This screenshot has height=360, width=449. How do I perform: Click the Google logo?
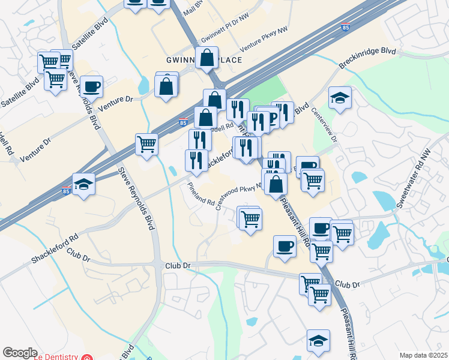(x=20, y=353)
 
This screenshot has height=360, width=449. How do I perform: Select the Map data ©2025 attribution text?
(x=423, y=355)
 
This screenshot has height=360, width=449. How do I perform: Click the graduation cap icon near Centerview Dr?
(x=340, y=98)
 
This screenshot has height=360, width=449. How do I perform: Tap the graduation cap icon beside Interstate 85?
(x=84, y=184)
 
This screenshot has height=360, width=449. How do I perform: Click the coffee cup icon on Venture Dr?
(x=92, y=86)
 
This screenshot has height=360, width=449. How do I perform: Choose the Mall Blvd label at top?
(x=193, y=8)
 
